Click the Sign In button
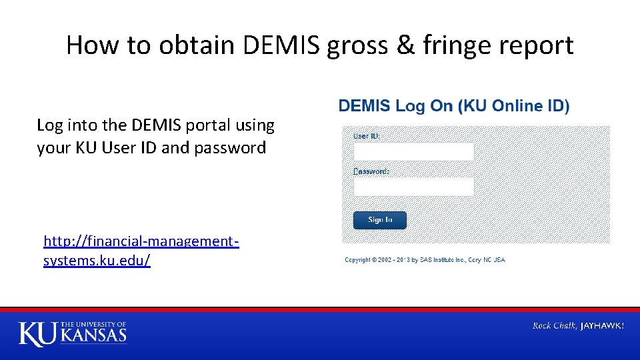pyautogui.click(x=379, y=220)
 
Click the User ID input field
pyautogui.click(x=413, y=152)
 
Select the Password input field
pyautogui.click(x=413, y=187)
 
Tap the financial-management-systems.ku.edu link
pyautogui.click(x=141, y=250)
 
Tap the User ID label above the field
pyautogui.click(x=366, y=136)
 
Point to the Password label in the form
pyautogui.click(x=371, y=171)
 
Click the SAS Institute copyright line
pyautogui.click(x=425, y=260)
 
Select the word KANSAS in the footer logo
pyautogui.click(x=93, y=335)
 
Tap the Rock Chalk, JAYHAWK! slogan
pyautogui.click(x=578, y=326)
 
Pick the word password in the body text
pyautogui.click(x=230, y=147)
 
